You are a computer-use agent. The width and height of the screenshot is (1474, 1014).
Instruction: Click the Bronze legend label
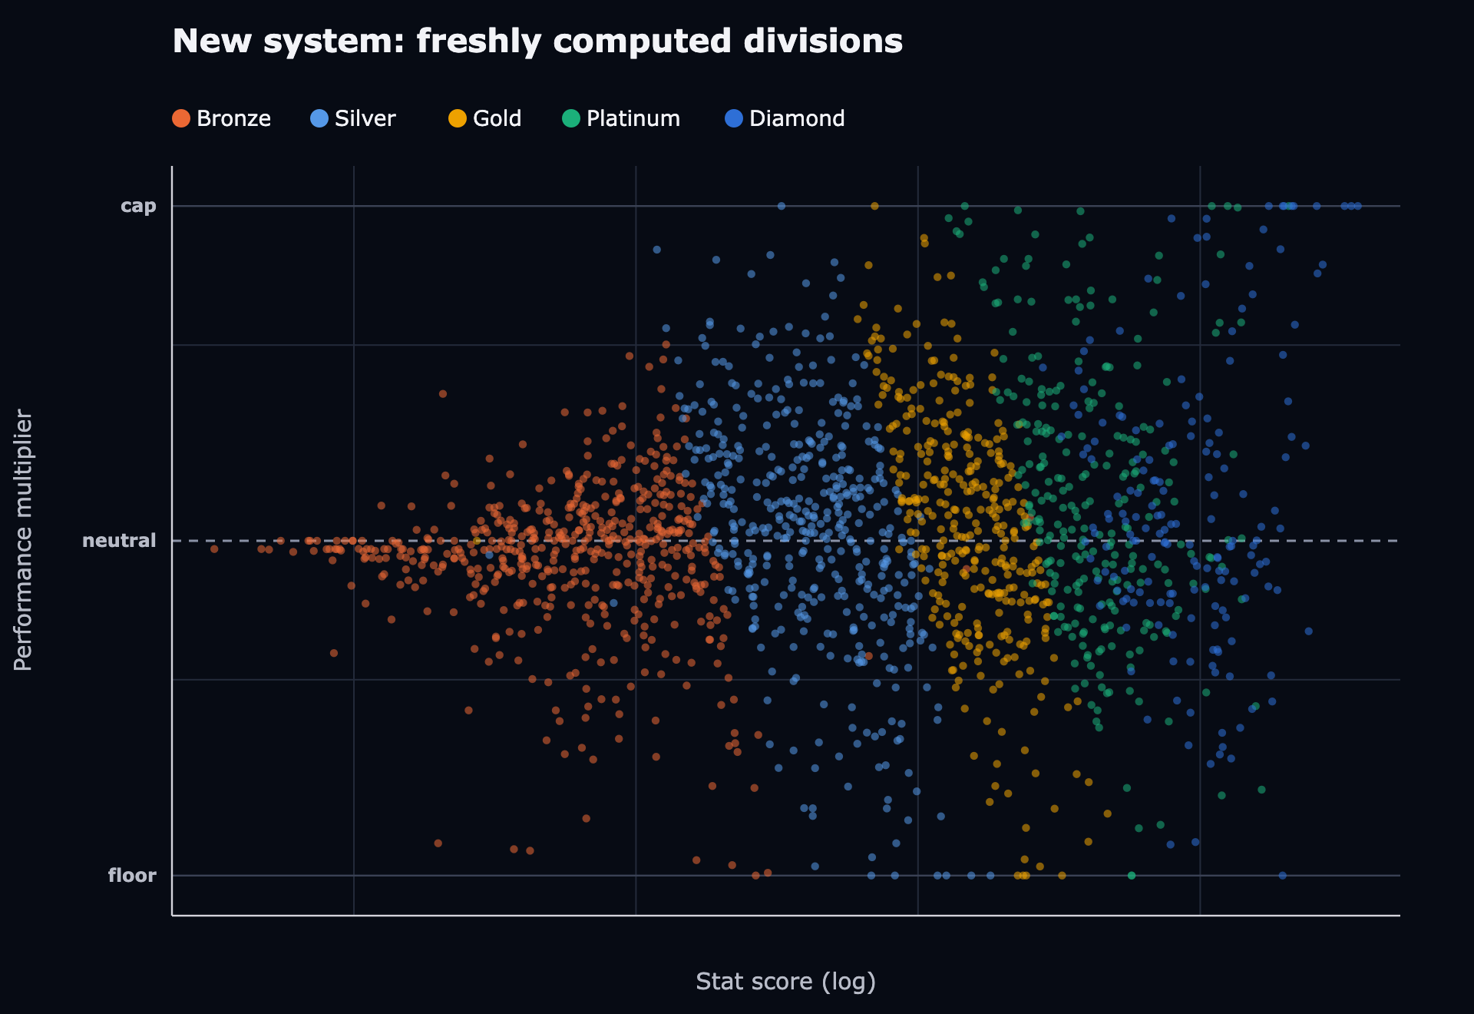[233, 118]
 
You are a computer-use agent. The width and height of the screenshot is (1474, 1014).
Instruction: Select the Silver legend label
[365, 118]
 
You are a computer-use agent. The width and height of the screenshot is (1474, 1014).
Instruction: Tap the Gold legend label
[497, 118]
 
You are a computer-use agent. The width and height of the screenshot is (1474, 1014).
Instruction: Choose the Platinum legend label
[633, 118]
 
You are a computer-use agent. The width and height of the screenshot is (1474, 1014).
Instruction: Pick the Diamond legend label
[797, 118]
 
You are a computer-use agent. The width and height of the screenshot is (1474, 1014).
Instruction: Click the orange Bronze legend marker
[181, 118]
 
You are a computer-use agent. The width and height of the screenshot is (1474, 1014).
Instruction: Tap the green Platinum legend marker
[571, 118]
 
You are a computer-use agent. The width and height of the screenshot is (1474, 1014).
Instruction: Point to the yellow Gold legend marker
[458, 118]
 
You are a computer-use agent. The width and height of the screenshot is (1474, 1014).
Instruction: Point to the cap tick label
[138, 206]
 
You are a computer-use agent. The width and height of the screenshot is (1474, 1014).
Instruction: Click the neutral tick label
[119, 541]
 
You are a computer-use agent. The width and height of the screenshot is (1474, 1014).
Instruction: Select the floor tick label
[132, 875]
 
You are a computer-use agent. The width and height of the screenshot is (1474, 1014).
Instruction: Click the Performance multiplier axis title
[23, 540]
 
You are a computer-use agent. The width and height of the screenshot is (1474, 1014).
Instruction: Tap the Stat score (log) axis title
[785, 982]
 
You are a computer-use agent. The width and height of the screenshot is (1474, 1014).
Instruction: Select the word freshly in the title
[479, 42]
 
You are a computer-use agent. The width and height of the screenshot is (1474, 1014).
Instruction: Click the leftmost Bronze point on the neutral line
[214, 548]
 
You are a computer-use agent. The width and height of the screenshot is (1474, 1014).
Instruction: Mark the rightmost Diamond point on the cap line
[1357, 206]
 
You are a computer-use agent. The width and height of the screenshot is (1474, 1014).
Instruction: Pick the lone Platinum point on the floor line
[1131, 875]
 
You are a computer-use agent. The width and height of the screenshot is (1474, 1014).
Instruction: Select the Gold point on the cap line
[874, 206]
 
